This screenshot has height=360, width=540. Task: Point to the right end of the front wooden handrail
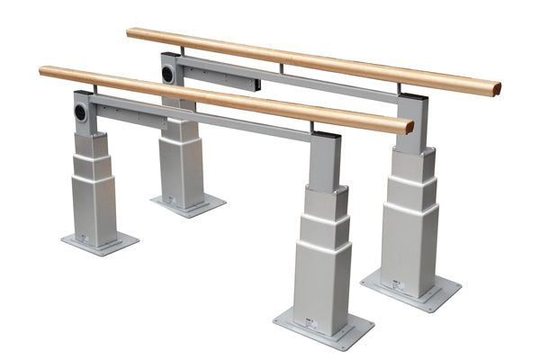(x=407, y=125)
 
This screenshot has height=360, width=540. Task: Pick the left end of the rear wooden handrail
(x=131, y=32)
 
